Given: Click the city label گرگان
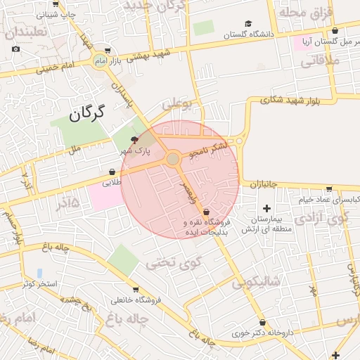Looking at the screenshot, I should click(87, 111).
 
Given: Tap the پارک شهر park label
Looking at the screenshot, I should click(133, 151).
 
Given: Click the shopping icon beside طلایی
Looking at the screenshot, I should click(112, 171).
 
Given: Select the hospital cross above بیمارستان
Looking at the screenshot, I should click(266, 208).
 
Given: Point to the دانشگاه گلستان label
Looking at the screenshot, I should click(247, 34).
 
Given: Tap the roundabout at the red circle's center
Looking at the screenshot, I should click(173, 160).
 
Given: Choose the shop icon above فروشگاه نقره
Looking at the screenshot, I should click(206, 212).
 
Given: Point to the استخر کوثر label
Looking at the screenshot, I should click(39, 283).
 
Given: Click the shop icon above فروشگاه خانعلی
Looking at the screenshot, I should click(135, 289).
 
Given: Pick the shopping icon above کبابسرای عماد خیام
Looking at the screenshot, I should click(329, 188).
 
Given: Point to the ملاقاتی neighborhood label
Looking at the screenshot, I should click(320, 61).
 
